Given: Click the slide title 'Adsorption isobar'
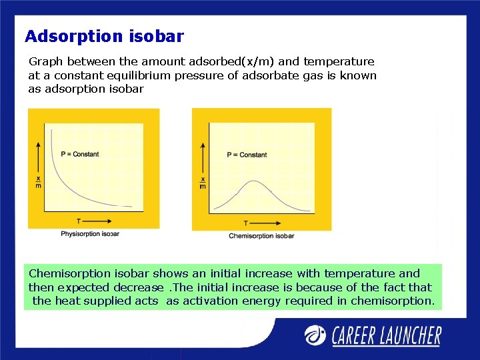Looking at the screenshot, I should click(x=104, y=36).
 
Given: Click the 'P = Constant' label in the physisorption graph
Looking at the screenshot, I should click(x=79, y=154).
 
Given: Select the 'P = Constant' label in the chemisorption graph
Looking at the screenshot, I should click(x=247, y=155).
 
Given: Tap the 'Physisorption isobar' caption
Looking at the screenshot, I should click(x=90, y=234).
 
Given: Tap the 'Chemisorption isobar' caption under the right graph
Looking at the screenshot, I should click(x=261, y=236).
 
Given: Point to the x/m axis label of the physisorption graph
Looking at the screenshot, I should click(x=38, y=181).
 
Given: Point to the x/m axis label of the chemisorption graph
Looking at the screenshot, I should click(x=203, y=182).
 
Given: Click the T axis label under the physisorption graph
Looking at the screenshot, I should click(x=79, y=221).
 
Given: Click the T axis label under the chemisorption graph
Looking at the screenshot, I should click(x=245, y=223).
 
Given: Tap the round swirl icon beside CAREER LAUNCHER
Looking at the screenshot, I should click(x=316, y=335).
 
